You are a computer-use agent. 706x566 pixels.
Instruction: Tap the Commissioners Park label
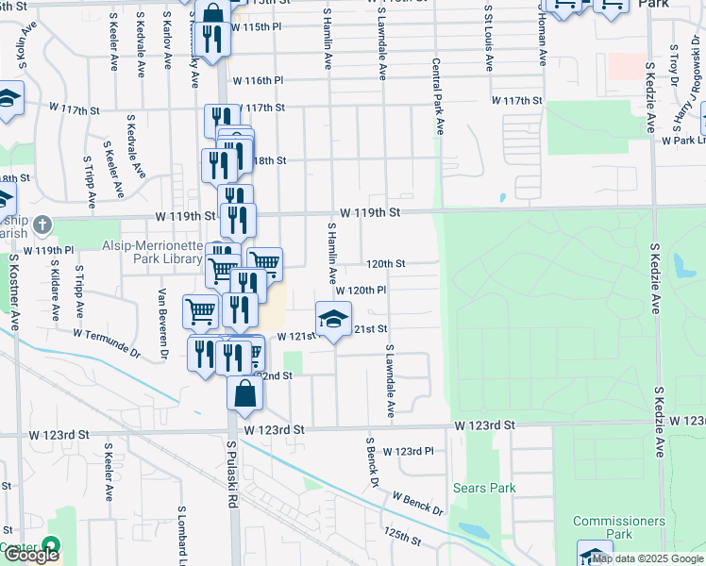click(618, 527)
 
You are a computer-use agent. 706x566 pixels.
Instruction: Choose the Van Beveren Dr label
click(162, 324)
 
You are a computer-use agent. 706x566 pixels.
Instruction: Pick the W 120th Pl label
click(361, 291)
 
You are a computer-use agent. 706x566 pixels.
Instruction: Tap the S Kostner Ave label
click(15, 291)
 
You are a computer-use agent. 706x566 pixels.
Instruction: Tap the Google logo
click(31, 555)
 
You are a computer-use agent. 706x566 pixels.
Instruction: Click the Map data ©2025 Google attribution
click(648, 558)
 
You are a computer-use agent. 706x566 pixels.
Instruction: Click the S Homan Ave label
click(543, 38)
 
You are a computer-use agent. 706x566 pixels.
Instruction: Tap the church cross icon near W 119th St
click(41, 225)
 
